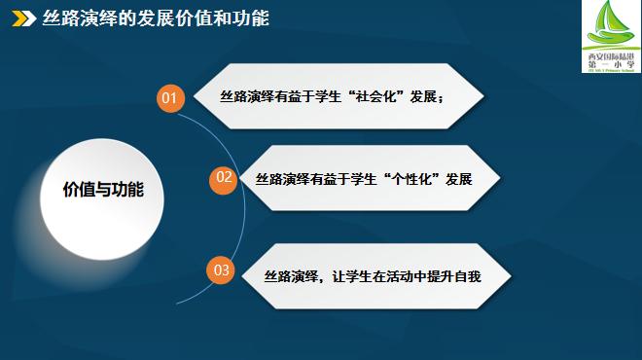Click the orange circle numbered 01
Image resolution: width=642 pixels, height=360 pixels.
pos(170,98)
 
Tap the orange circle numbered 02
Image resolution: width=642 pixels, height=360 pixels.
pos(224,177)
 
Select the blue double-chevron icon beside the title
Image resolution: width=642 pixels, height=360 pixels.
pos(20,18)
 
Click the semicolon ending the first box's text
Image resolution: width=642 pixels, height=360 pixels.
pos(442,98)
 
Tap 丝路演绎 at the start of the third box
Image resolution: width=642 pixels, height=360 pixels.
pos(291,276)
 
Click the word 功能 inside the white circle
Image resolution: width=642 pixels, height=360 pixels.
pos(127,190)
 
